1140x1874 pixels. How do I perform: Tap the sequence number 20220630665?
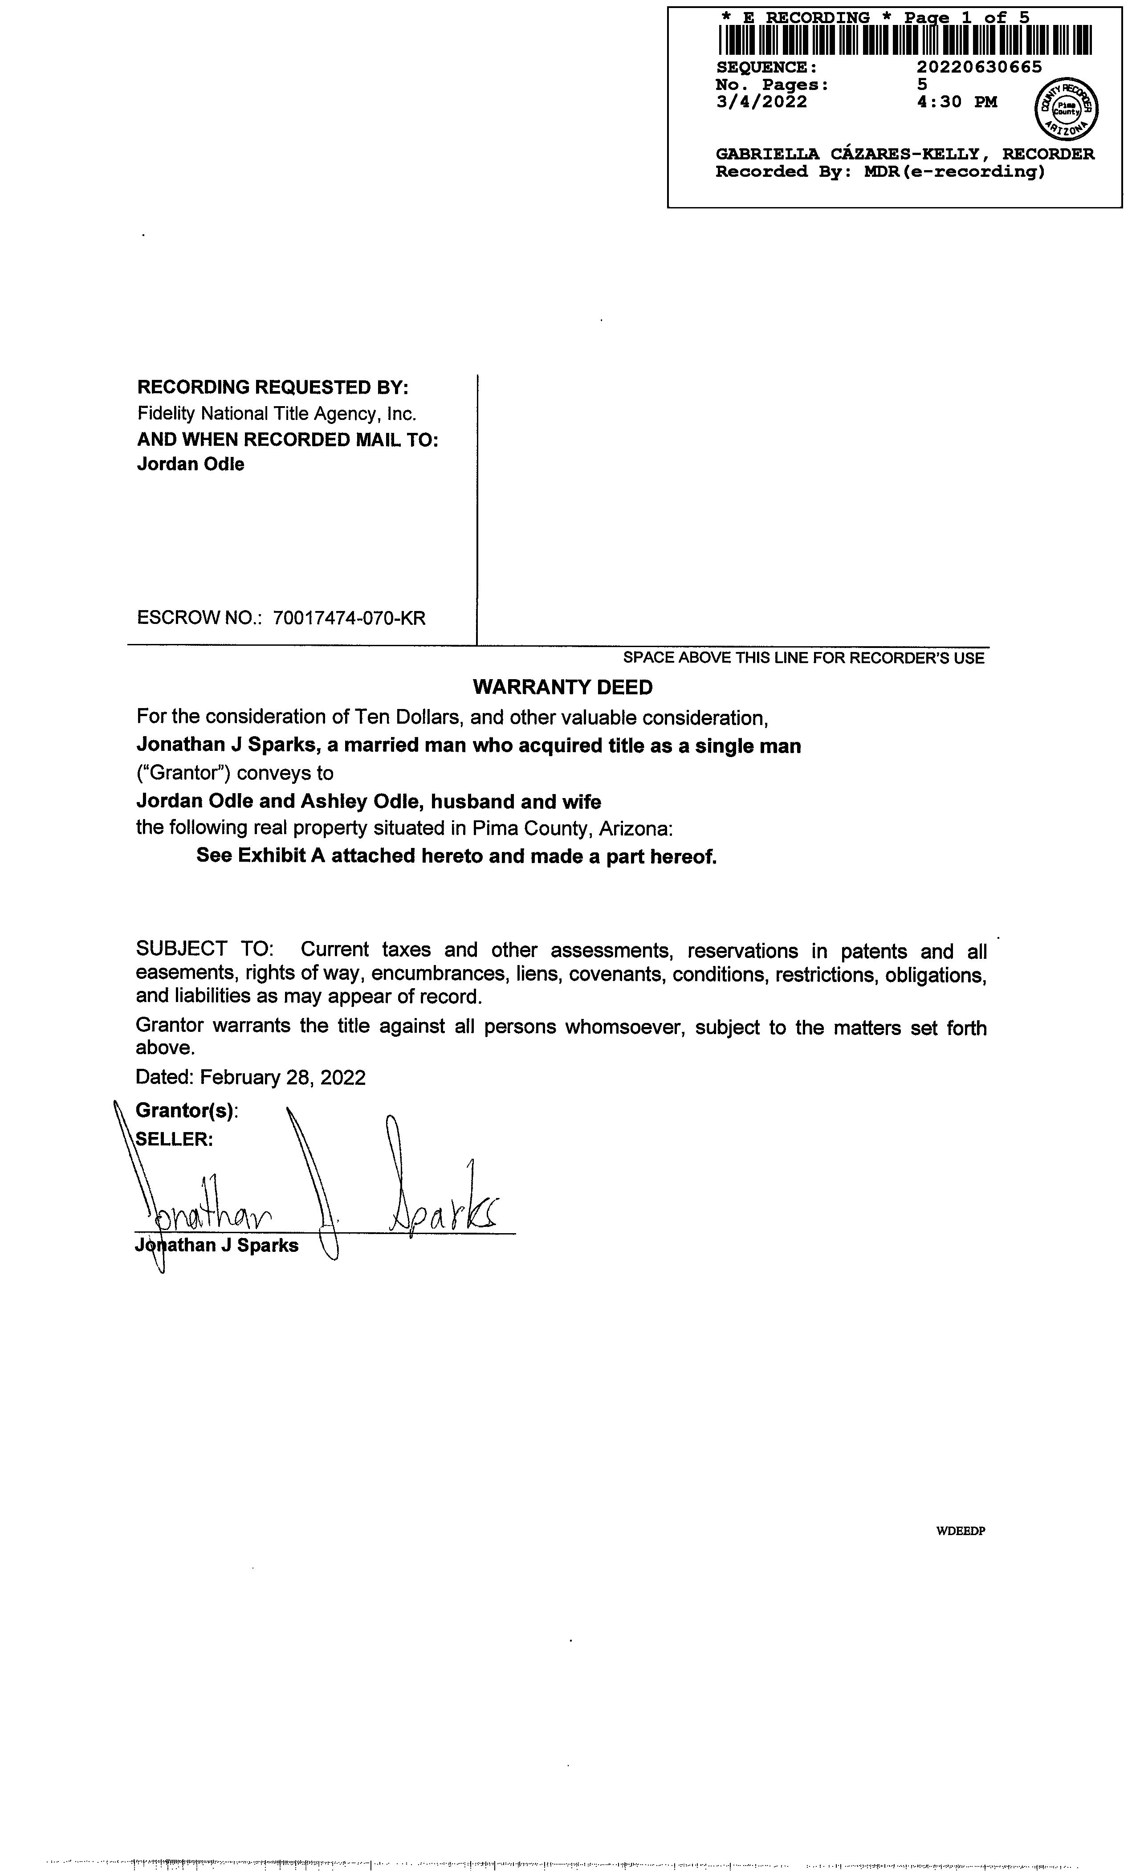click(979, 67)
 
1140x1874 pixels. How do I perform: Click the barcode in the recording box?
click(904, 41)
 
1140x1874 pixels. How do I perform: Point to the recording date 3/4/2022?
click(761, 102)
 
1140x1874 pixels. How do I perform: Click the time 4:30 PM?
click(957, 102)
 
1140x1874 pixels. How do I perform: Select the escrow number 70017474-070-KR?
click(349, 618)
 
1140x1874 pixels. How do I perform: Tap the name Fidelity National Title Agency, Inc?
click(277, 414)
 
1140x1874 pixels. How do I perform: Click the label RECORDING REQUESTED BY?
click(272, 387)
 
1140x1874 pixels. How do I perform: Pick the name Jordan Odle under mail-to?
click(190, 464)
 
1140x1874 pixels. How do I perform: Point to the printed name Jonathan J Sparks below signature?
click(217, 1246)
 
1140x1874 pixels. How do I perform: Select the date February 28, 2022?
click(282, 1078)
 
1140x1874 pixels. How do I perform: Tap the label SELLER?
click(174, 1139)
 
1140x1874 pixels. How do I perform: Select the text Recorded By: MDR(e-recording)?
click(880, 172)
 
